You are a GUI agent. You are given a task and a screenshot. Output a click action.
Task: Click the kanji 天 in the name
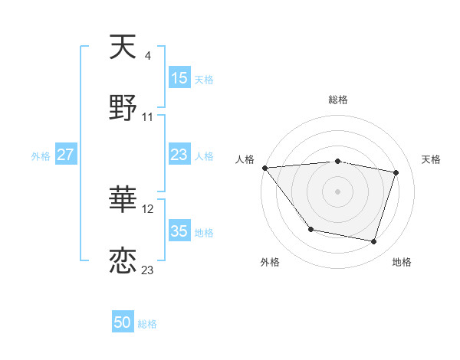[123, 47]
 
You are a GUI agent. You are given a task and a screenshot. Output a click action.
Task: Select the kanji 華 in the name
[123, 201]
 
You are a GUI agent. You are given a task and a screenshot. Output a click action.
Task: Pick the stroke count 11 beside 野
[148, 116]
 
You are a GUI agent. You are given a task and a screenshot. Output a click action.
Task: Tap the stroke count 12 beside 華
[148, 208]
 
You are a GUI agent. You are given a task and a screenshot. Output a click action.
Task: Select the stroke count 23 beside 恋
[148, 270]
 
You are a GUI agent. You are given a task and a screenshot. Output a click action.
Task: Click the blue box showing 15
[179, 78]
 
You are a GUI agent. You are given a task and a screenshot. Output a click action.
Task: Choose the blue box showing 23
[179, 155]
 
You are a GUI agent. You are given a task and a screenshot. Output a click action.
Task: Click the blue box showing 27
[65, 155]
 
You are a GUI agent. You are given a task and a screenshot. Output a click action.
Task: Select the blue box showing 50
[123, 322]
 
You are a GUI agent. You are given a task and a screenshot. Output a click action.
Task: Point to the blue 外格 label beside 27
[41, 155]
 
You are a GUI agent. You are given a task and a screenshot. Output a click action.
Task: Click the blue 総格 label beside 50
[148, 323]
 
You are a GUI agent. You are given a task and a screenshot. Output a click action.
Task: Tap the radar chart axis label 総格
[338, 100]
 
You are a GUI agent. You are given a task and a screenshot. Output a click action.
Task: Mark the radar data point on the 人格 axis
[264, 168]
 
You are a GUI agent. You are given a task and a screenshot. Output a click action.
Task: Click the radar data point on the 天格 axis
[396, 172]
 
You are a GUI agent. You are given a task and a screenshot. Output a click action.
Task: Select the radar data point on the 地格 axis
[374, 242]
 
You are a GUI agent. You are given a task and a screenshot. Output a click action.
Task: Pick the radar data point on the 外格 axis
[310, 229]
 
